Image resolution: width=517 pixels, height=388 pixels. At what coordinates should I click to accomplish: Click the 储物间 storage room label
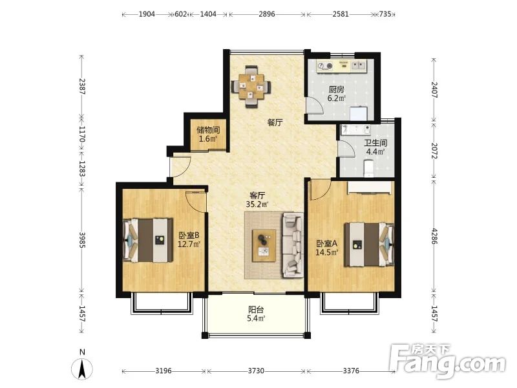pyautogui.click(x=208, y=130)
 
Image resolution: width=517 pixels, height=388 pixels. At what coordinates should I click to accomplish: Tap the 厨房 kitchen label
pyautogui.click(x=336, y=89)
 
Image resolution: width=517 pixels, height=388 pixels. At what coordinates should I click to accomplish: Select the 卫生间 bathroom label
pyautogui.click(x=375, y=143)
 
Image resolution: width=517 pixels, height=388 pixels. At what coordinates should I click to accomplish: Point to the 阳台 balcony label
pyautogui.click(x=256, y=310)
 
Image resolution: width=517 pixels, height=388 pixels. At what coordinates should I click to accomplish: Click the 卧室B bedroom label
pyautogui.click(x=189, y=235)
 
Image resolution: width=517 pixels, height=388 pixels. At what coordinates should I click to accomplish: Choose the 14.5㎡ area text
pyautogui.click(x=327, y=253)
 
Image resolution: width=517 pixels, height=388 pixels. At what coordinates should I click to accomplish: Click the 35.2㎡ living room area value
pyautogui.click(x=257, y=204)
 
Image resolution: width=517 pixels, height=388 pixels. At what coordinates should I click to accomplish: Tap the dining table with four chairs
pyautogui.click(x=252, y=87)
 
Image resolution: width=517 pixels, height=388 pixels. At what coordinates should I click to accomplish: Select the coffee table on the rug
pyautogui.click(x=264, y=246)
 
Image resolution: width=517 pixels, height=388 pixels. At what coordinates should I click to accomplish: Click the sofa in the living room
pyautogui.click(x=293, y=245)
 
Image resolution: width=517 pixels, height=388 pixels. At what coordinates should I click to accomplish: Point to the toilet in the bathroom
pyautogui.click(x=368, y=168)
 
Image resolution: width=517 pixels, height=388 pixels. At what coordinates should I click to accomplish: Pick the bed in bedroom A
pyautogui.click(x=369, y=244)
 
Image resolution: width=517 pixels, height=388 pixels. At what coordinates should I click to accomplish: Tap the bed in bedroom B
pyautogui.click(x=148, y=240)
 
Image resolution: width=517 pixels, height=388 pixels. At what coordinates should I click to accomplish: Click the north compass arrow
pyautogui.click(x=82, y=369)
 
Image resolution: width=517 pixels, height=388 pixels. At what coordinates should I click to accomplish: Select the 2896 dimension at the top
pyautogui.click(x=267, y=14)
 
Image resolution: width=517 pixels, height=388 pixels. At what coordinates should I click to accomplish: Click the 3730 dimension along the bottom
pyautogui.click(x=256, y=371)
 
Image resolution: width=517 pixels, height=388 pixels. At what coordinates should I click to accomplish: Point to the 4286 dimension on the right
pyautogui.click(x=434, y=236)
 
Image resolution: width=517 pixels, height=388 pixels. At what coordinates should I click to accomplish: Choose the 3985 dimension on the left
pyautogui.click(x=82, y=240)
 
